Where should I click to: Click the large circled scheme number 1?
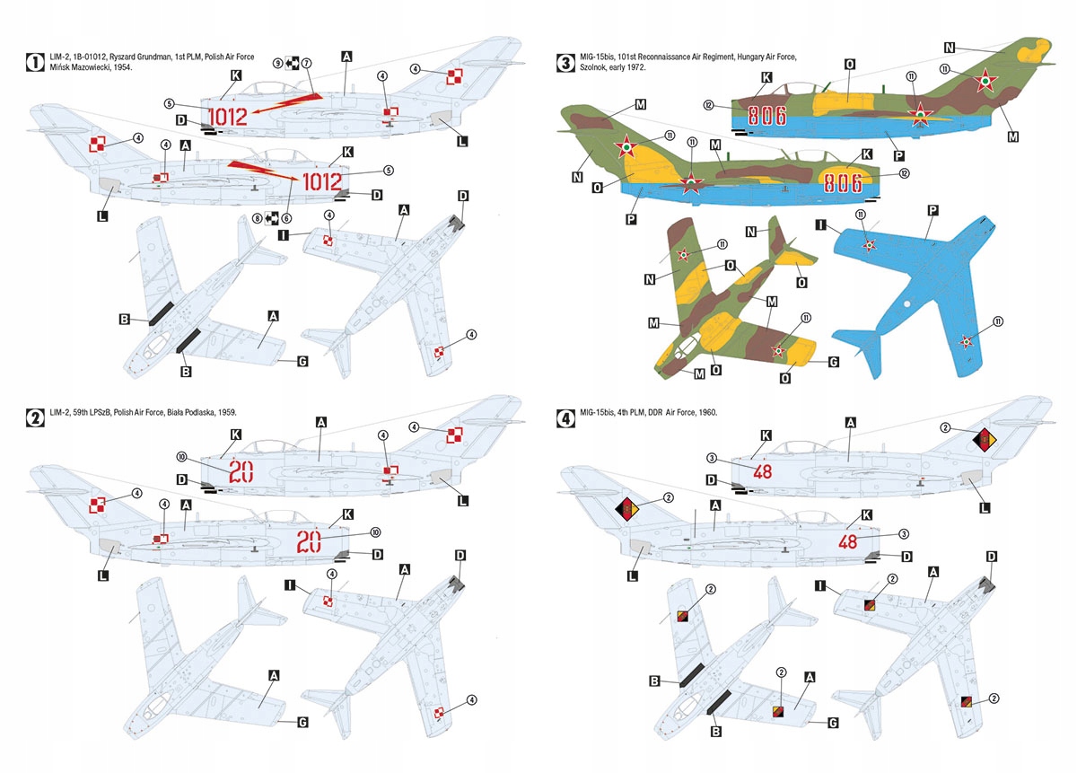click(34, 63)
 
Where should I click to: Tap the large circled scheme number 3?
click(565, 63)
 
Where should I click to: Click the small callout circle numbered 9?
click(278, 63)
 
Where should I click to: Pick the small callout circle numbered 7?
click(306, 63)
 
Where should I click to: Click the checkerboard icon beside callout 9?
click(293, 63)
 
